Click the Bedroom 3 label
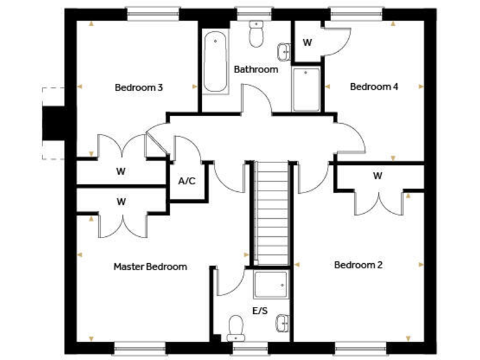139,87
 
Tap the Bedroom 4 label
374,87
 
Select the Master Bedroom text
150,267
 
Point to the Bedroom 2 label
359,265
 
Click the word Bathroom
256,69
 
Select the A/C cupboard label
187,181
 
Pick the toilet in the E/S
236,326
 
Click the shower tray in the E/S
271,284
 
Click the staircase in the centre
271,212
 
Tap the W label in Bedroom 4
307,42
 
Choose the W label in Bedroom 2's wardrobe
377,176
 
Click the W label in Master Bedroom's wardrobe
121,201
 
